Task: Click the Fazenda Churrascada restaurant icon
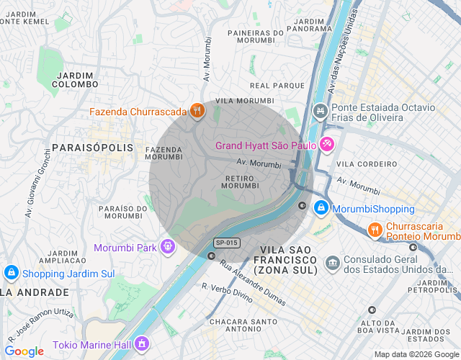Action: tap(197, 111)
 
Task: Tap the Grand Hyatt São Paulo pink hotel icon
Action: tap(327, 145)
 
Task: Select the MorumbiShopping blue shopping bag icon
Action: tap(321, 209)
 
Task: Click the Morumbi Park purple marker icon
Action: tap(168, 247)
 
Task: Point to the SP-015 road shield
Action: tap(226, 243)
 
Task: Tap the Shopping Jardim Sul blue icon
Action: tap(11, 273)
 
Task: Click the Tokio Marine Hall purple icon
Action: tap(142, 342)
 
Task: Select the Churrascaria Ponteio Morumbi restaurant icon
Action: tap(375, 230)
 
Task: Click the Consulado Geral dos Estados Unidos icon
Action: tap(332, 260)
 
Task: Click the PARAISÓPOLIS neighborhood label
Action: tap(93, 147)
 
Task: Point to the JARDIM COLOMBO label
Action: tap(75, 79)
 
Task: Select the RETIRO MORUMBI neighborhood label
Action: tap(239, 181)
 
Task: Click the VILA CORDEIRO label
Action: tap(367, 163)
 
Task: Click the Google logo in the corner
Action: tap(24, 351)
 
